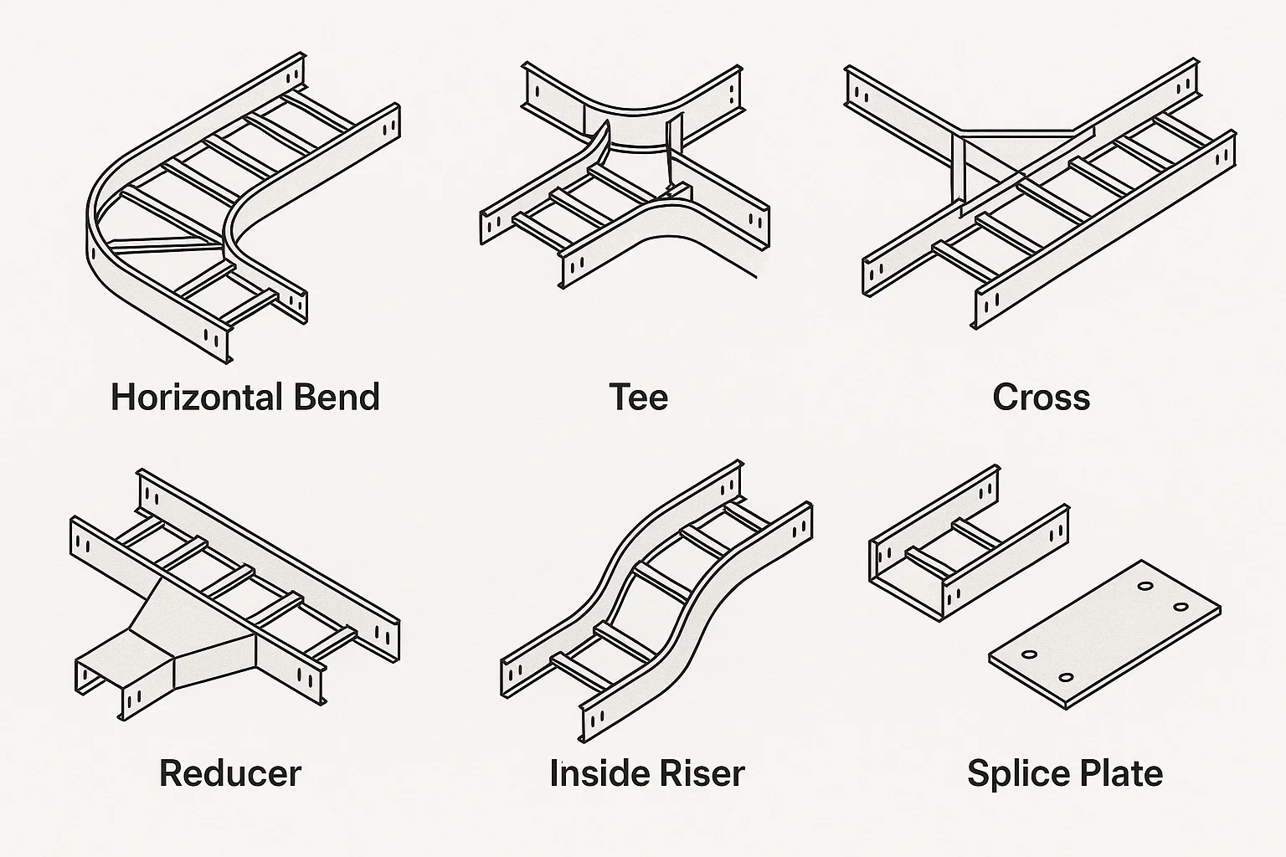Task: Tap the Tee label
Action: pyautogui.click(x=639, y=397)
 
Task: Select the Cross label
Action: pyautogui.click(x=1041, y=397)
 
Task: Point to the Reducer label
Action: pyautogui.click(x=230, y=772)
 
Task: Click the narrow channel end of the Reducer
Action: pyautogui.click(x=109, y=678)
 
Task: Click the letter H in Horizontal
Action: pyautogui.click(x=122, y=397)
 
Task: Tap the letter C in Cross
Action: pyautogui.click(x=1006, y=397)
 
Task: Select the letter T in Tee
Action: pyautogui.click(x=620, y=397)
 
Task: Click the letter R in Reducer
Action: pyautogui.click(x=171, y=772)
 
